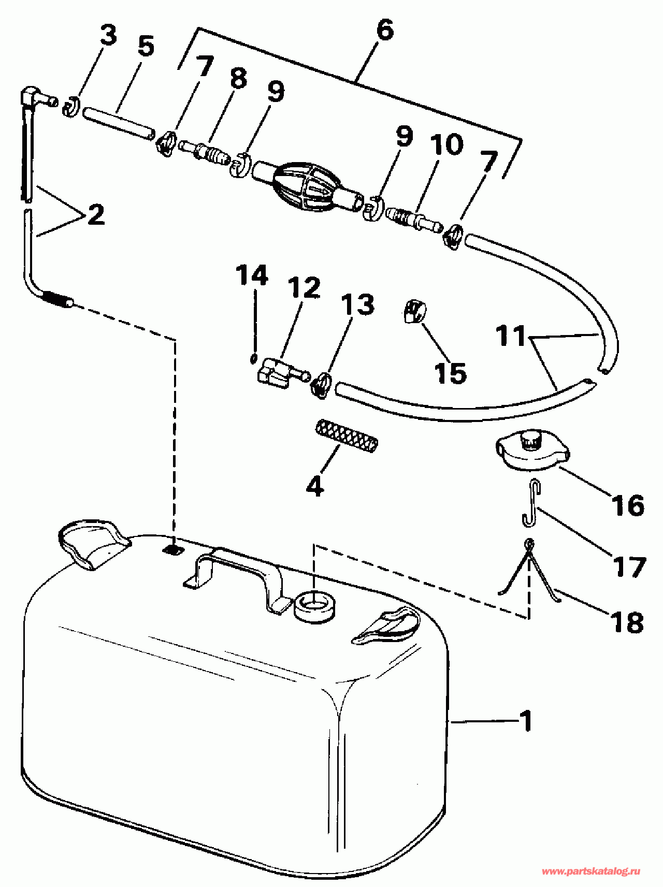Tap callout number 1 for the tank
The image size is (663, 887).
click(526, 721)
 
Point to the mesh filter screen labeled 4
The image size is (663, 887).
click(347, 437)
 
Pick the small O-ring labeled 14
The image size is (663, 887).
click(253, 358)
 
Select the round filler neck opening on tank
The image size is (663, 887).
click(314, 604)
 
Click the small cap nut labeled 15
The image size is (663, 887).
click(414, 312)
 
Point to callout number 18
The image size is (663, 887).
click(627, 621)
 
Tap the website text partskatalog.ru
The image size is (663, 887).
click(590, 871)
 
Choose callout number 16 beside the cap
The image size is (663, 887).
click(627, 504)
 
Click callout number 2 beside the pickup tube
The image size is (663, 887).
click(96, 214)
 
